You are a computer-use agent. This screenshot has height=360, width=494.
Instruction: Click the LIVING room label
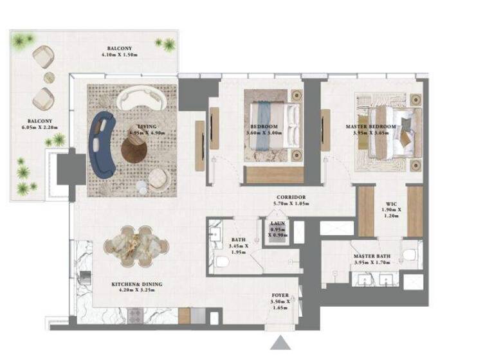click(x=148, y=127)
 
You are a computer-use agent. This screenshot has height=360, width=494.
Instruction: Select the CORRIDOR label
click(x=291, y=197)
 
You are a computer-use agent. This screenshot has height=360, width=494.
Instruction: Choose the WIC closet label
click(x=390, y=203)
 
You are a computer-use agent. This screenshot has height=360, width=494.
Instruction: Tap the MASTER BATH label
click(x=373, y=256)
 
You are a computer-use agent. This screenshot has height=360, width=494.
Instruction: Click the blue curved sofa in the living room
click(x=103, y=143)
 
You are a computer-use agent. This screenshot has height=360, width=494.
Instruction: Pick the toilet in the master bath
click(x=408, y=255)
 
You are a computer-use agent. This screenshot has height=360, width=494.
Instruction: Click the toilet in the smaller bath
click(x=220, y=262)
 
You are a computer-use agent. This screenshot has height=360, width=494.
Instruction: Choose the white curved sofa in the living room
click(x=142, y=98)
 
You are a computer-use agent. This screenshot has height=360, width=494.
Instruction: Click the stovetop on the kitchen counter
click(x=135, y=314)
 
